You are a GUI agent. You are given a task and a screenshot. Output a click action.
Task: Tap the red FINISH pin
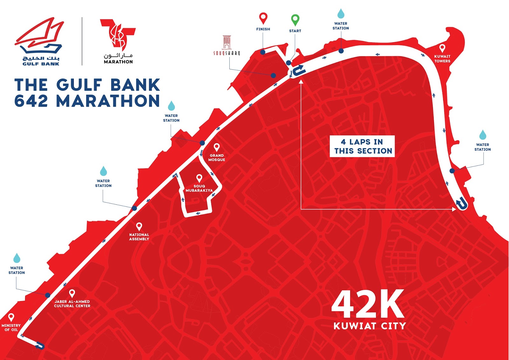pyautogui.click(x=263, y=18)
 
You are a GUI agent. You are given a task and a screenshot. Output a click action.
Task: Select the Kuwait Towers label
pyautogui.click(x=442, y=59)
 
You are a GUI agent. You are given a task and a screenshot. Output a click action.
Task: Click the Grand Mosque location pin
pyautogui.click(x=217, y=147)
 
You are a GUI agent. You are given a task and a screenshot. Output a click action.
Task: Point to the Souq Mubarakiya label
pyautogui.click(x=199, y=188)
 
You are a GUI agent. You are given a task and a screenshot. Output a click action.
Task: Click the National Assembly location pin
pyautogui.click(x=139, y=226)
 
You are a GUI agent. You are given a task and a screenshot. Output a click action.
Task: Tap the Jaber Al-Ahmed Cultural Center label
pyautogui.click(x=72, y=304)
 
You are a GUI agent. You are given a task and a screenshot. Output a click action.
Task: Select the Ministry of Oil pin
pyautogui.click(x=11, y=317)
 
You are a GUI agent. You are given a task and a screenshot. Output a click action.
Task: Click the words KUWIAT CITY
pyautogui.click(x=370, y=326)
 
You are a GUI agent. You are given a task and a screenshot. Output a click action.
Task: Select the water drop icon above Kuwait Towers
pyautogui.click(x=341, y=14)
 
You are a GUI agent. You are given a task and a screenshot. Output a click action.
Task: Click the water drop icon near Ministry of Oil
pyautogui.click(x=17, y=258)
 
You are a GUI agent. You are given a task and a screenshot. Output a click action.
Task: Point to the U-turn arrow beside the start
pyautogui.click(x=299, y=70)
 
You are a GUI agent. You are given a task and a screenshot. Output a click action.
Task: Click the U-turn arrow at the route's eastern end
pyautogui.click(x=461, y=204)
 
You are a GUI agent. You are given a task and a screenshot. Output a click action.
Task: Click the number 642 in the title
pyautogui.click(x=31, y=101)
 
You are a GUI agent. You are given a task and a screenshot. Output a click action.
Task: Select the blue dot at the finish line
pyautogui.click(x=263, y=52)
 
